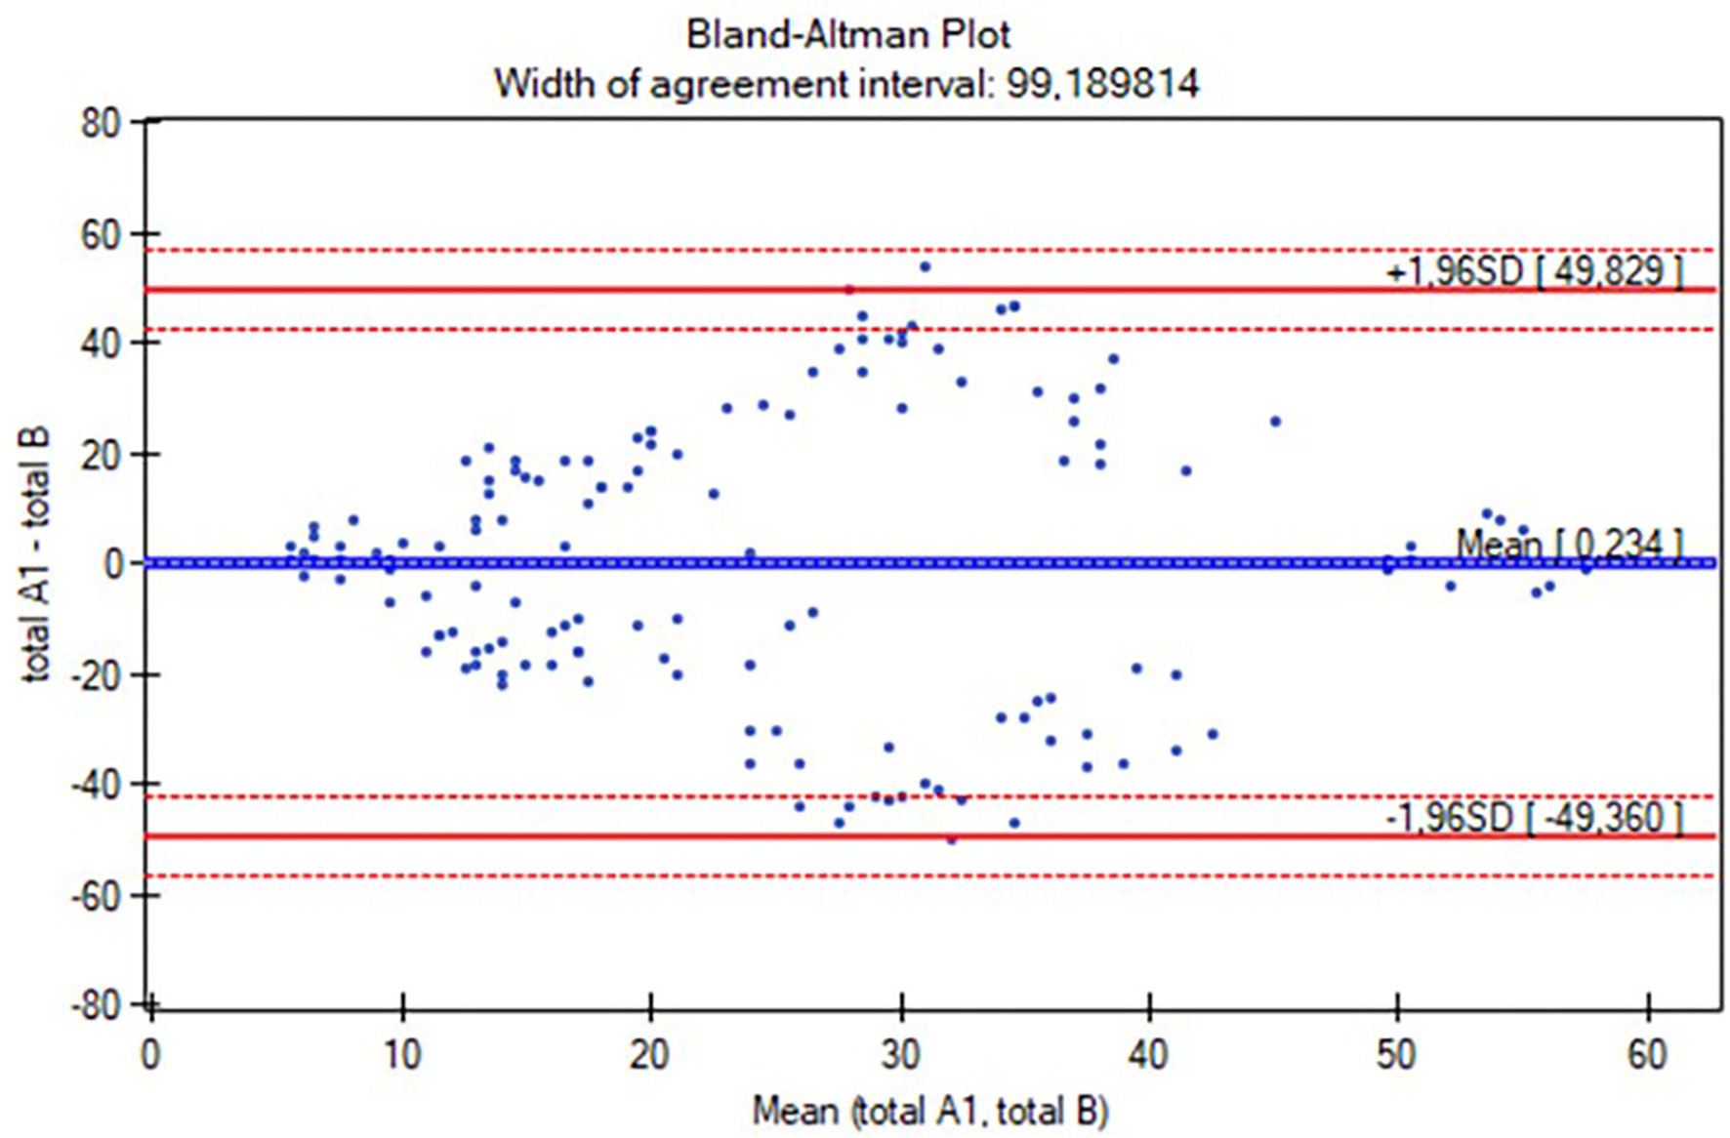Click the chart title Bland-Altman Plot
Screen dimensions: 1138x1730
[847, 35]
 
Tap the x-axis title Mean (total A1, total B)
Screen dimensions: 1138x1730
[929, 1111]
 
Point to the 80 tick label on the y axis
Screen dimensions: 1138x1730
[100, 123]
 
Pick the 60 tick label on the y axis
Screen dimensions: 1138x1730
[100, 234]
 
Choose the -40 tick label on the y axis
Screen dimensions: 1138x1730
[95, 785]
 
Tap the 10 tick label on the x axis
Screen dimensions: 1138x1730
[400, 1055]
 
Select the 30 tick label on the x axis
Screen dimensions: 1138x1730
[900, 1055]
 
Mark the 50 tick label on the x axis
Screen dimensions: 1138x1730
[1398, 1055]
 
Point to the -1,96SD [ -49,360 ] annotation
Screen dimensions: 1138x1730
[1534, 817]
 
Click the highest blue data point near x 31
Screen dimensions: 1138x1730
[925, 266]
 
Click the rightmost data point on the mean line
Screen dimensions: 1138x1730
[1586, 568]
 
